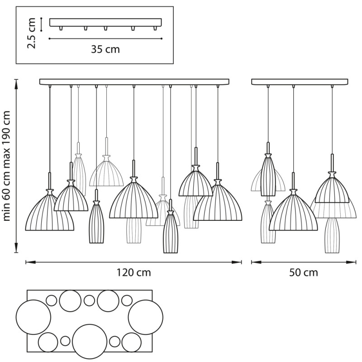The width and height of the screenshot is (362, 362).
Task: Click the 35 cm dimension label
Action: tap(105, 49)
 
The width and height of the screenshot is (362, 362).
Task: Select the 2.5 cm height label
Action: tap(32, 33)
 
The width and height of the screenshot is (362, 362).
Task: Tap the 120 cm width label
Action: tap(134, 272)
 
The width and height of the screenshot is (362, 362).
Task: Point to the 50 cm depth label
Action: tap(304, 272)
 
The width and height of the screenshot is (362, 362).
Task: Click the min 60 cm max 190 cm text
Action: tap(7, 167)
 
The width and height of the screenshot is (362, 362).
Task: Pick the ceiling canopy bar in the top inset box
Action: tap(105, 22)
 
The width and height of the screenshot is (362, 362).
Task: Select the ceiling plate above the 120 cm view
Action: tap(134, 82)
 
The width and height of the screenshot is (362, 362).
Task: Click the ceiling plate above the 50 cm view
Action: tap(299, 82)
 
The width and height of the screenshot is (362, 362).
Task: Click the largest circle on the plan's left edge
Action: tap(33, 317)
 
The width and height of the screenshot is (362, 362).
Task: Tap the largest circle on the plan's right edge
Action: tap(145, 317)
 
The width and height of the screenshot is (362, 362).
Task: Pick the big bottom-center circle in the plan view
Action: tap(90, 341)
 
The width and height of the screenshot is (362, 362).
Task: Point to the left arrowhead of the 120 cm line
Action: tap(27, 262)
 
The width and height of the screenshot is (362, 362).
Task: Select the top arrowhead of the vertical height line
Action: tap(16, 81)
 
